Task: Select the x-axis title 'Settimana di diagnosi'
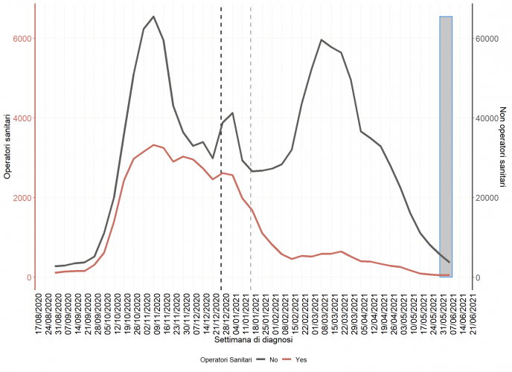(253, 339)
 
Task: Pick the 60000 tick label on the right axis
(488, 39)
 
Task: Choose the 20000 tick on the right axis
(488, 198)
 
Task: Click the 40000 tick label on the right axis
(488, 118)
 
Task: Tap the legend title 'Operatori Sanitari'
(225, 359)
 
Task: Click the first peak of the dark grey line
(153, 16)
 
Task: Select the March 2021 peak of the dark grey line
(321, 40)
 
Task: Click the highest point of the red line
(153, 145)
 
